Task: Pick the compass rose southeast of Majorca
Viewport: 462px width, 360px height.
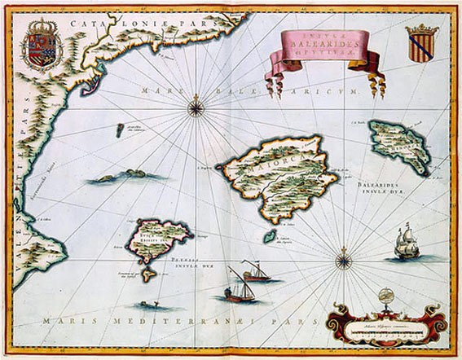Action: pos(344,261)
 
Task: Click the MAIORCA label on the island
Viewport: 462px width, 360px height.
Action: pos(274,155)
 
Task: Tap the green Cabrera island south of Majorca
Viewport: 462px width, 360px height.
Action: pos(267,235)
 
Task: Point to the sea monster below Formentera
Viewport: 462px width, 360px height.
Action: pos(148,305)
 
